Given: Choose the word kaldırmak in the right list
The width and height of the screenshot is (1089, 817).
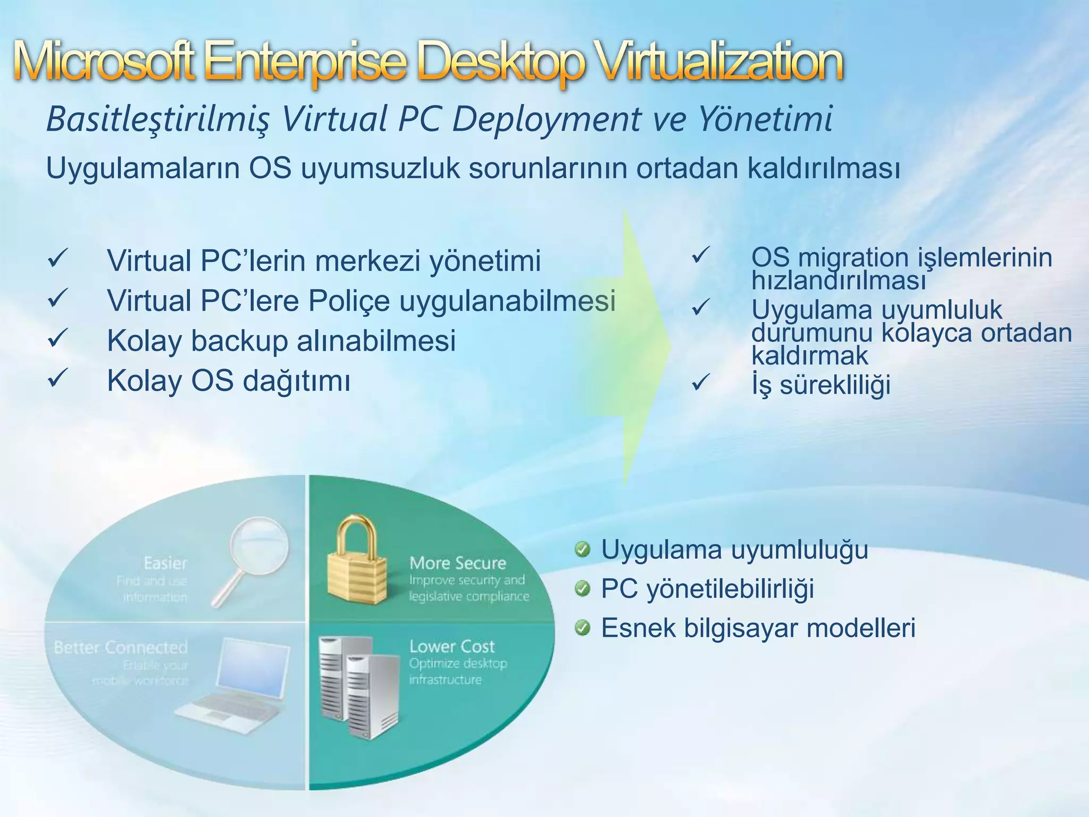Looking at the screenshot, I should [809, 355].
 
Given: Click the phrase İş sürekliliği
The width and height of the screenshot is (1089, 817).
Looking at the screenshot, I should [821, 385].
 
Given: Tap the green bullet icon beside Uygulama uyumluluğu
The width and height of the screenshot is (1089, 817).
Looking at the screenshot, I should [583, 549].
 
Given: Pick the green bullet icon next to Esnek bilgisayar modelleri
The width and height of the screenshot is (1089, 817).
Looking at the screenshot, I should [583, 629].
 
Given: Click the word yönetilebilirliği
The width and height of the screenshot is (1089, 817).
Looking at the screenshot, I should [730, 589].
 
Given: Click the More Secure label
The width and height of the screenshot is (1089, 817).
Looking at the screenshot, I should [457, 563].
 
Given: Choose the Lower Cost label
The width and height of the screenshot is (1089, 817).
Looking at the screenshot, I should [452, 646].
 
